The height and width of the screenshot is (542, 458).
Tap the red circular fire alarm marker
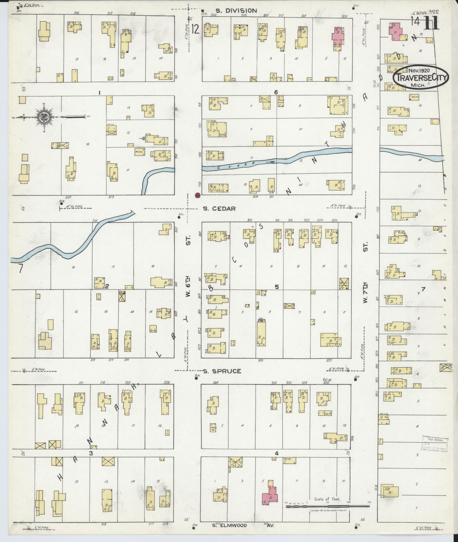click(x=197, y=195)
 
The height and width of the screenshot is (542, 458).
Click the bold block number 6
click(x=276, y=92)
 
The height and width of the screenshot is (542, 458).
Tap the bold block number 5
click(x=277, y=287)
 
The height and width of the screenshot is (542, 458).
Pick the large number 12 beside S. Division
click(x=196, y=29)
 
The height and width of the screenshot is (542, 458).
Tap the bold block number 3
click(x=91, y=453)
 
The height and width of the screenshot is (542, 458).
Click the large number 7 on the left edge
click(x=20, y=269)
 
